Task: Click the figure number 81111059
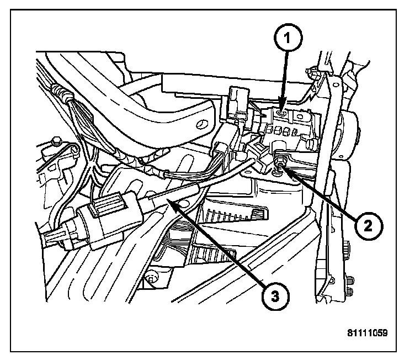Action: tap(368, 334)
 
